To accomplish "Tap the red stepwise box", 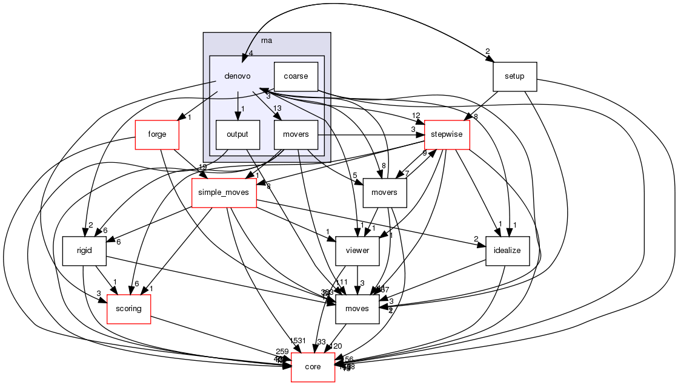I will click(x=447, y=134).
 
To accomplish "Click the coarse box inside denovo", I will click(x=296, y=77).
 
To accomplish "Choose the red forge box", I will click(x=157, y=134).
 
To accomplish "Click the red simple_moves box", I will click(x=224, y=192).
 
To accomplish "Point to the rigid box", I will click(x=85, y=251).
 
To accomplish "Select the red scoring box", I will click(x=128, y=308).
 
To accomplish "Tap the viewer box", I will click(x=357, y=251).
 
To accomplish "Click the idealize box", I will click(x=508, y=251).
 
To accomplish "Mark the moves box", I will click(x=357, y=308).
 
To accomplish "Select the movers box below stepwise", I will click(x=384, y=192).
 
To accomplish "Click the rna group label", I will click(x=266, y=40).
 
